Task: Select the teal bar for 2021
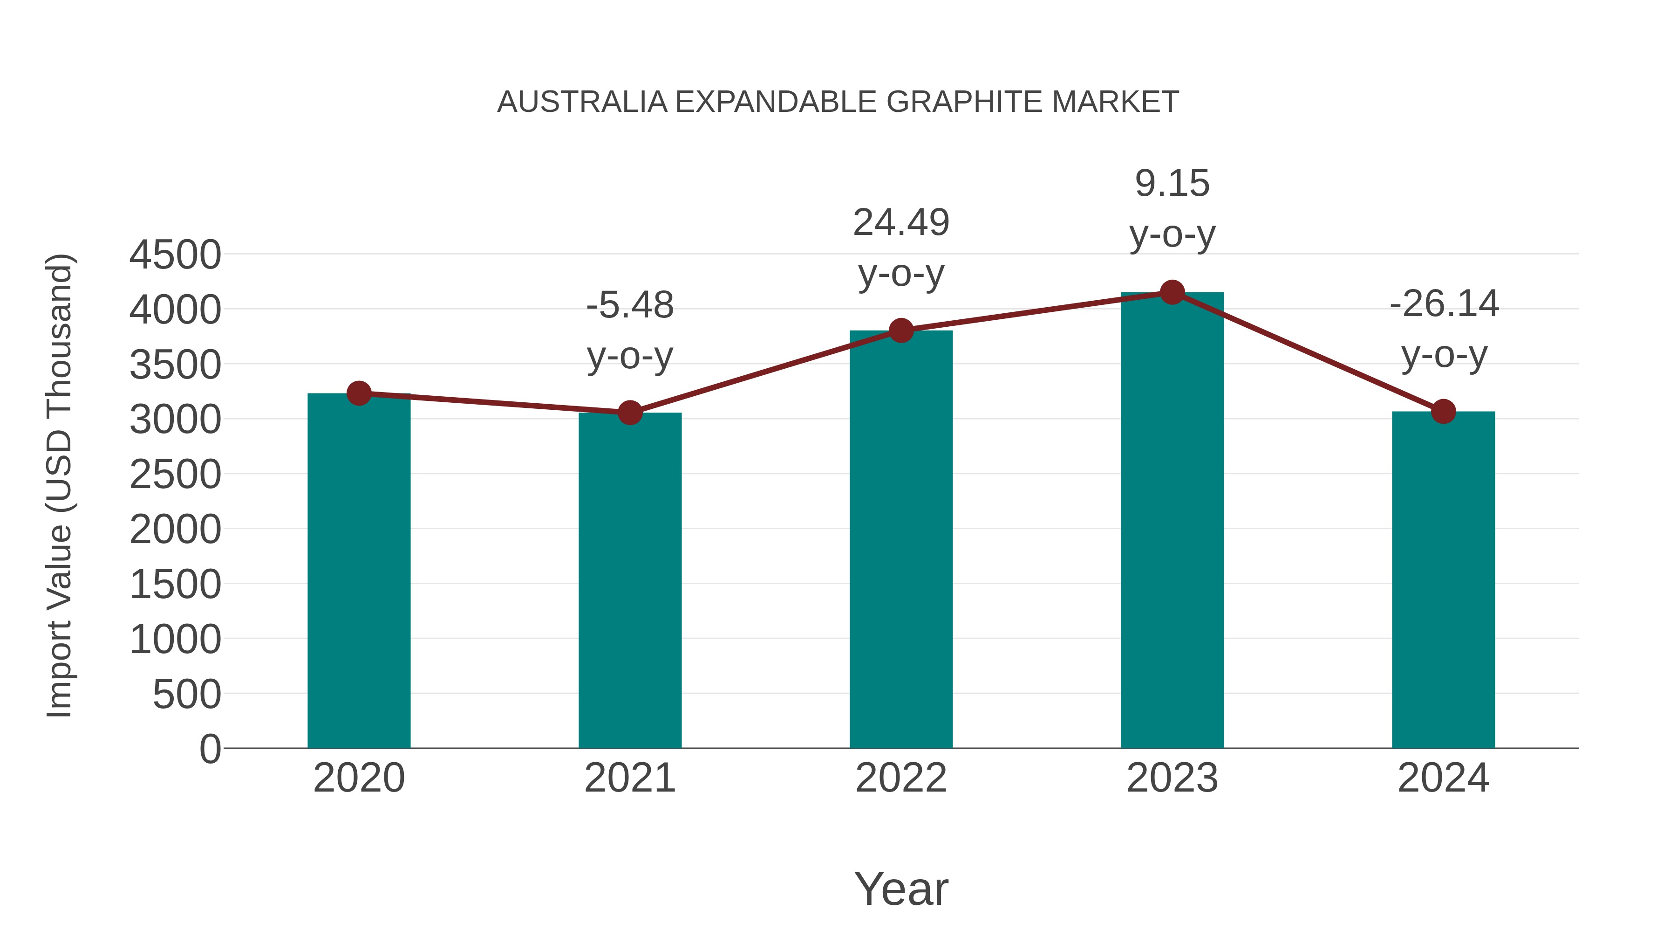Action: click(x=629, y=581)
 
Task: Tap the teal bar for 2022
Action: click(x=901, y=541)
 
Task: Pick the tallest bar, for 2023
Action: click(x=1172, y=521)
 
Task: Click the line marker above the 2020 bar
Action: click(x=359, y=393)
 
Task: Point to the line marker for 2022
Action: click(x=901, y=331)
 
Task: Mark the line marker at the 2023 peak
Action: click(x=1172, y=292)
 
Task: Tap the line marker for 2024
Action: click(x=1443, y=412)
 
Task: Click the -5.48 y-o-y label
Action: click(x=629, y=331)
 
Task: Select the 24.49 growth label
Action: click(x=901, y=248)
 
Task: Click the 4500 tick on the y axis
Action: click(x=175, y=255)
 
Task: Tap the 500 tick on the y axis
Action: click(x=187, y=695)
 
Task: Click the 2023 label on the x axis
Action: click(x=1172, y=778)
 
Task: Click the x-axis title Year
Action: click(x=901, y=889)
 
